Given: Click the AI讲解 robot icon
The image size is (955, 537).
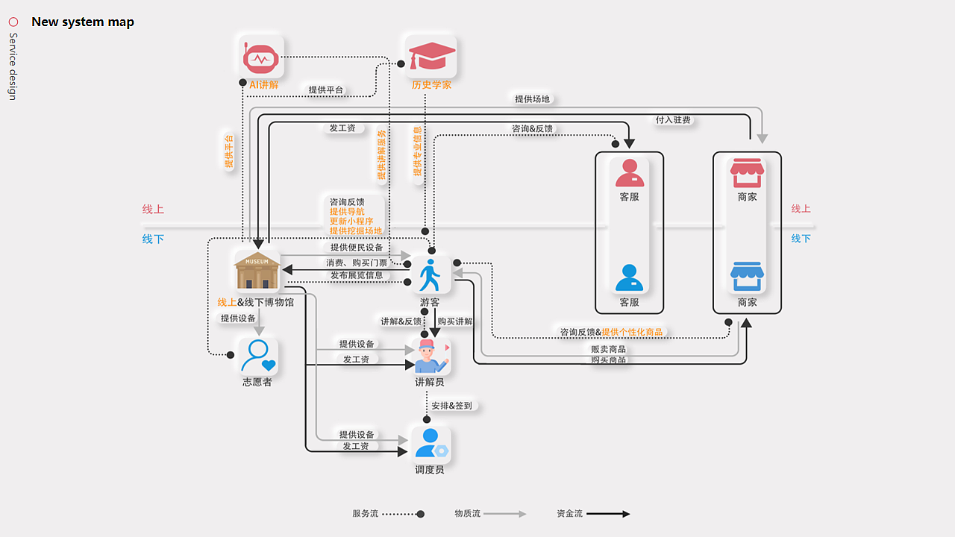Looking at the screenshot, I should (261, 57).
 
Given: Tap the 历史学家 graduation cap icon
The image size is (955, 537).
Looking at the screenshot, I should (430, 57).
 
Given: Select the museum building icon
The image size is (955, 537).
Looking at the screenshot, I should (257, 271).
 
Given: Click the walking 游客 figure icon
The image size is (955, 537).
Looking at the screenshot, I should (430, 275).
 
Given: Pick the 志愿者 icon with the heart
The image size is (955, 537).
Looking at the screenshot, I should (257, 355).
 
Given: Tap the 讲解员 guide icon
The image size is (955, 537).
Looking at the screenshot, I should (430, 357).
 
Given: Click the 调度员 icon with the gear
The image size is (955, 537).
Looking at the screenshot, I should (430, 443).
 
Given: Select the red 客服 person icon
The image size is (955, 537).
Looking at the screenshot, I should (629, 174).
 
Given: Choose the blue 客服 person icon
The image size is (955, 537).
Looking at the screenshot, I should (629, 278).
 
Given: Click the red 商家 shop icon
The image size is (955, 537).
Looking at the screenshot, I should (747, 173).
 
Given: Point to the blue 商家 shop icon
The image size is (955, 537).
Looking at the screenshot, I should (747, 277).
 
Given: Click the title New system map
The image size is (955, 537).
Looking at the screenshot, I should (83, 22).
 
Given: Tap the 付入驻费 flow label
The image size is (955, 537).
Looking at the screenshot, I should (673, 120).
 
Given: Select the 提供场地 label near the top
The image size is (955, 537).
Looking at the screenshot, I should (532, 99).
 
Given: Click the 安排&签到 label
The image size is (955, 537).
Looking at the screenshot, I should (451, 406).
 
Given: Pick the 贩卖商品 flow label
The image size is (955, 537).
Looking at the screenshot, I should (608, 349).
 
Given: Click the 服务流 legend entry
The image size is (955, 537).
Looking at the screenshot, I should (366, 514).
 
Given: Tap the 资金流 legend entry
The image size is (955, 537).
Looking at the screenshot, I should (569, 514).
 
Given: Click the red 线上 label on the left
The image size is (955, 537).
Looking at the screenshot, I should (153, 210).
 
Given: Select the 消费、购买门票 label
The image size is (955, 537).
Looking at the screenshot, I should (357, 263).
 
